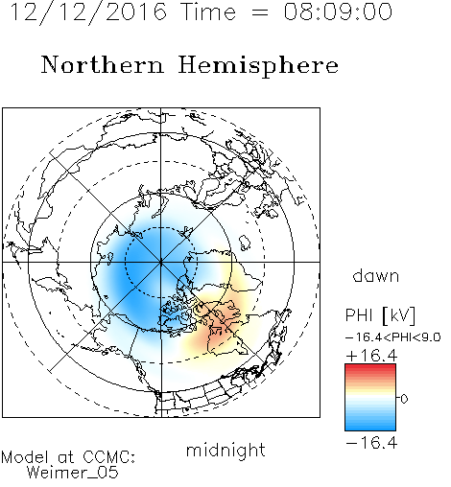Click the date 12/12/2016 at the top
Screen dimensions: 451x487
88,12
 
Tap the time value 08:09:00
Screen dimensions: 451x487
338,12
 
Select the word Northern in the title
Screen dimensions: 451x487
103,64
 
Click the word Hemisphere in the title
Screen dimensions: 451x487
258,66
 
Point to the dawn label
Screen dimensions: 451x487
376,275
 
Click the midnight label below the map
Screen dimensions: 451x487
225,451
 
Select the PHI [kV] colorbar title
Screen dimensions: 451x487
381,316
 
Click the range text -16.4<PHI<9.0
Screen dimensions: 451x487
393,337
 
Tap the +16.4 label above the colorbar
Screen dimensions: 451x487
371,356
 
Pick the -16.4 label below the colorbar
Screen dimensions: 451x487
371,443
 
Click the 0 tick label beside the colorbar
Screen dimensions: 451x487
404,399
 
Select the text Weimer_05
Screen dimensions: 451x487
73,472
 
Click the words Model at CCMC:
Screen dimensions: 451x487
68,457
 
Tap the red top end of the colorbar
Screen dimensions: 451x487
370,366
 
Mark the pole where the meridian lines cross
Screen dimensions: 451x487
161,262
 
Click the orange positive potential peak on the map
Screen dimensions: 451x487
219,331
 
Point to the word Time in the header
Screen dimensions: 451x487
208,12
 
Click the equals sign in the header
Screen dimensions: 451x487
260,12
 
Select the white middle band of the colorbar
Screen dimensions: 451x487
370,399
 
